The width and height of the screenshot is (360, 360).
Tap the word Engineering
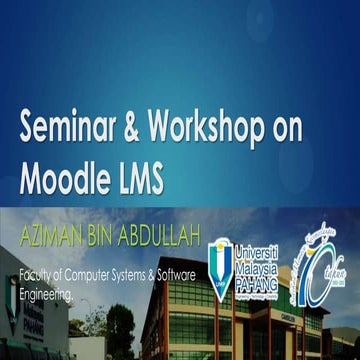click(46, 296)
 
